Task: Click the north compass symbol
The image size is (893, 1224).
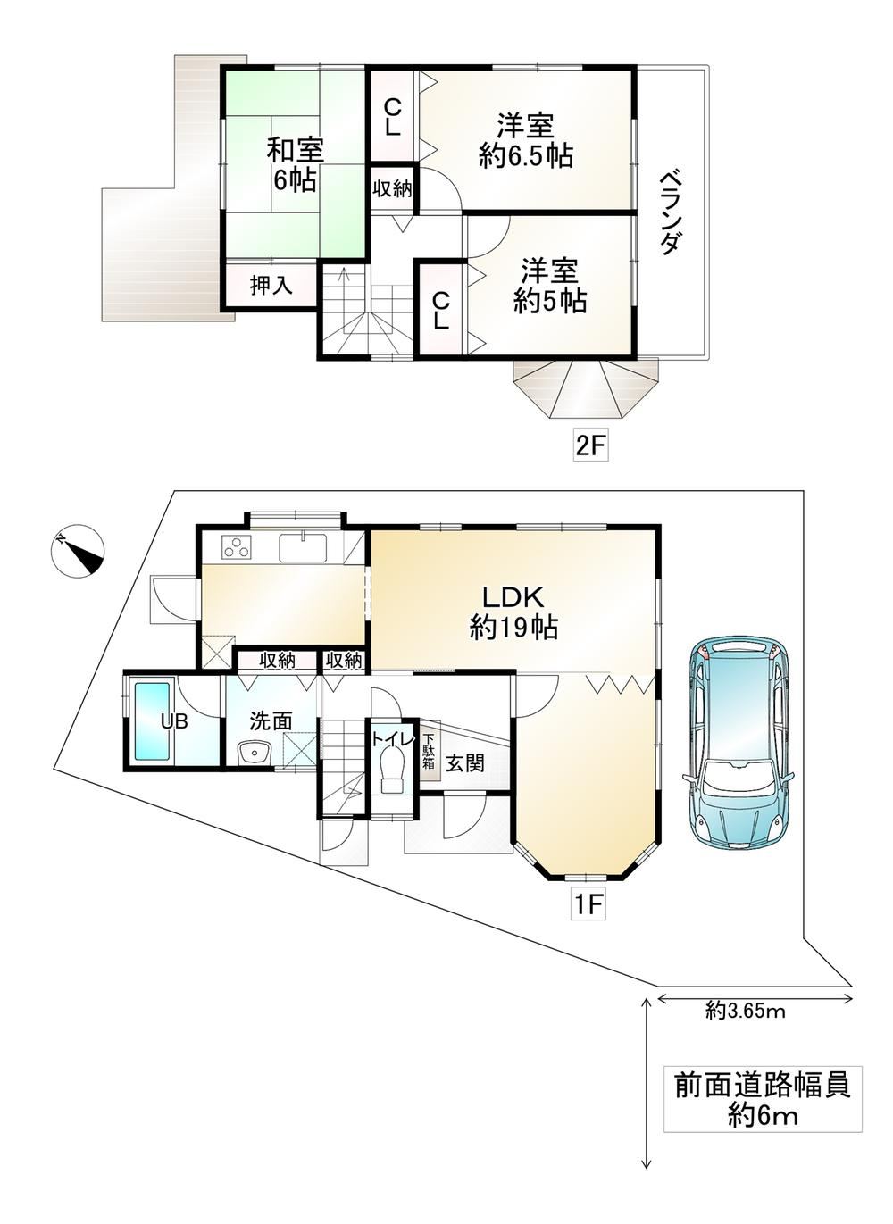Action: click(78, 550)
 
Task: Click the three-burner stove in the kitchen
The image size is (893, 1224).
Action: click(237, 547)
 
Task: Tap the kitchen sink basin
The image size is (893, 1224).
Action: click(303, 547)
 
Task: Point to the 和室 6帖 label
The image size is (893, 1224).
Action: click(295, 164)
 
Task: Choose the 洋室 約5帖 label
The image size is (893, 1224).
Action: click(550, 287)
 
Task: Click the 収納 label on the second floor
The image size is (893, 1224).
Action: click(392, 189)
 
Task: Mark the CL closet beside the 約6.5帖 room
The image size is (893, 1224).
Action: click(392, 116)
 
